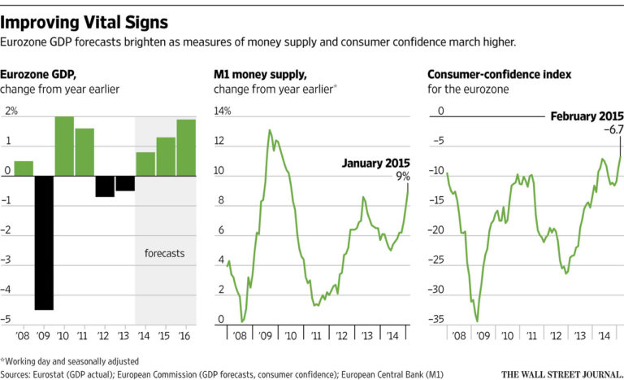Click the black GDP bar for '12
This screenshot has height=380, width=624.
point(105,186)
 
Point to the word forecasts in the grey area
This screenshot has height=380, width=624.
point(161,253)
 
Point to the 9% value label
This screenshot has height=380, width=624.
point(403,175)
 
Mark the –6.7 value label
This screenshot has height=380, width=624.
point(610,129)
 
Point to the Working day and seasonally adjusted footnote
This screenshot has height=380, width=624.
point(61,360)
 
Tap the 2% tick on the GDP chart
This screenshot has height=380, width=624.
point(11,111)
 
